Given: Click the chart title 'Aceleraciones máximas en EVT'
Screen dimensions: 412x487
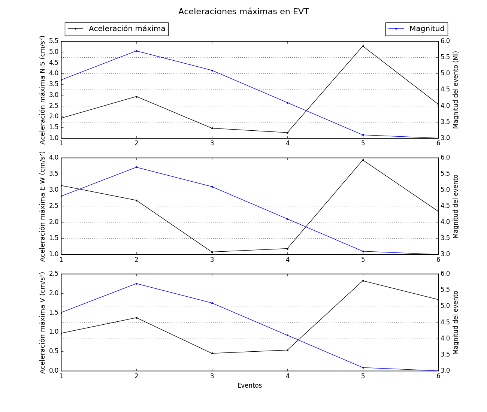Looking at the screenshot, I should click(x=243, y=12).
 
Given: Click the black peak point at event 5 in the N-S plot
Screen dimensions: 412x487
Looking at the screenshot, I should click(x=363, y=46).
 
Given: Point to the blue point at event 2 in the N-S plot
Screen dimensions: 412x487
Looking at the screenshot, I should click(x=136, y=51).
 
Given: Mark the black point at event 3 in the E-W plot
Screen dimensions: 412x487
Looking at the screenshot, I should click(x=212, y=252).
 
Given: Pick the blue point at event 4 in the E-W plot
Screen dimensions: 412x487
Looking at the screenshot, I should click(x=287, y=219).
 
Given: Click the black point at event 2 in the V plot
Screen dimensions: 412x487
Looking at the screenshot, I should click(x=136, y=318).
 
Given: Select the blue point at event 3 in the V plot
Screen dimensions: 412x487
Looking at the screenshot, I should click(x=212, y=303).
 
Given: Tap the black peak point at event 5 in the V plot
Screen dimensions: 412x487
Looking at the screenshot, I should click(x=363, y=281).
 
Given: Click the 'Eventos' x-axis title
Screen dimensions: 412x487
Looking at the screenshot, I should click(x=249, y=385).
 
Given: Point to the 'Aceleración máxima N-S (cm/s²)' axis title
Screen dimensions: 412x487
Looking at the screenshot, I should click(x=43, y=90).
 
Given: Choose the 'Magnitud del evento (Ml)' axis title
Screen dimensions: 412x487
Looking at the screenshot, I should click(x=456, y=90).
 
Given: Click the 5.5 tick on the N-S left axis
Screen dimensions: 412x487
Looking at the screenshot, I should click(x=54, y=41).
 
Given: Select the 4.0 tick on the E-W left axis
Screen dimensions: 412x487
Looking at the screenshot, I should click(x=54, y=157).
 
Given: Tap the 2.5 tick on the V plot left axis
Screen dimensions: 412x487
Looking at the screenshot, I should click(x=54, y=274).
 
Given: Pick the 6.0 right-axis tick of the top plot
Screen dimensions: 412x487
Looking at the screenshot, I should click(x=445, y=41).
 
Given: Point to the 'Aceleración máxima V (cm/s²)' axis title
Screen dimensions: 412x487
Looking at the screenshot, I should click(x=43, y=322).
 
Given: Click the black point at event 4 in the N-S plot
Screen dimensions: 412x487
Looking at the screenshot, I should click(x=287, y=133).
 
